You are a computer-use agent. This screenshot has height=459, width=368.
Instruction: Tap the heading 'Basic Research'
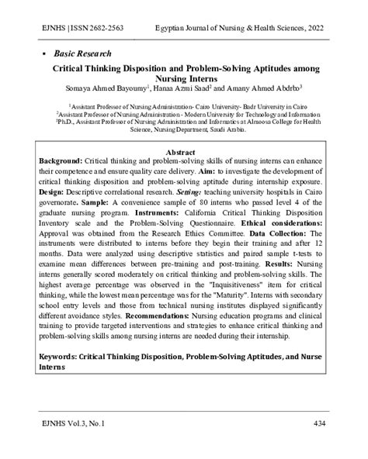[x=83, y=54]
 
